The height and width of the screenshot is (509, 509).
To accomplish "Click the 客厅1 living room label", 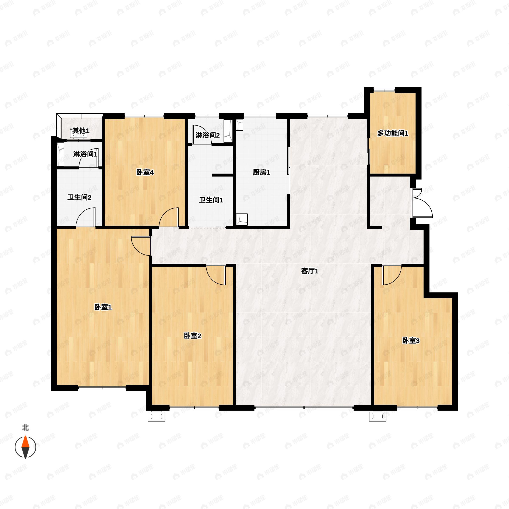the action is (x=310, y=271).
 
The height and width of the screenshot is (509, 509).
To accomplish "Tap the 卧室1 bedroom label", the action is (x=103, y=307).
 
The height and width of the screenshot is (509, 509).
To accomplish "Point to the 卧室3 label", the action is (x=411, y=341).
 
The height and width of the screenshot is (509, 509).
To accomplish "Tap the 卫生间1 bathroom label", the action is (x=211, y=200).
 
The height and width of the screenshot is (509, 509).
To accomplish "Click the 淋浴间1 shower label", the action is (x=85, y=154).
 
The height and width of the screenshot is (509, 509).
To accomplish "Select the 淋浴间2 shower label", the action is (x=207, y=135).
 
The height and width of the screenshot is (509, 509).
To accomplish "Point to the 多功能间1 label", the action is (x=393, y=133).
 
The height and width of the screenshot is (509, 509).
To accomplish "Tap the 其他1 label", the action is (x=81, y=130).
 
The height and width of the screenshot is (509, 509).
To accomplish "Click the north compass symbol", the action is (x=25, y=447).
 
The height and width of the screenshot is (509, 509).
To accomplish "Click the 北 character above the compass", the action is (x=25, y=427).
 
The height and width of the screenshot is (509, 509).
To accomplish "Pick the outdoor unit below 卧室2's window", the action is (x=157, y=417).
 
